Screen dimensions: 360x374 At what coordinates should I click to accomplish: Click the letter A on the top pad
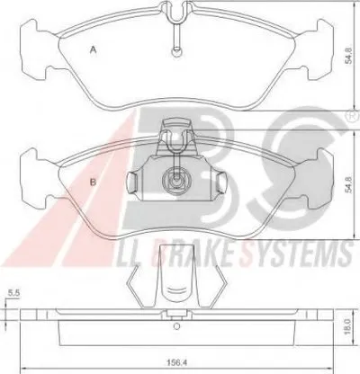(x=94, y=50)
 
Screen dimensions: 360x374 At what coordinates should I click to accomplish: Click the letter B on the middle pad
(x=94, y=182)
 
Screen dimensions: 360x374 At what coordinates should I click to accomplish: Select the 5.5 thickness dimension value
(x=13, y=293)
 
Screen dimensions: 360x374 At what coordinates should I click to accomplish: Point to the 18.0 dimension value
(x=347, y=326)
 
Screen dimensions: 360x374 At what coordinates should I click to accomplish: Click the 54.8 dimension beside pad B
(x=348, y=185)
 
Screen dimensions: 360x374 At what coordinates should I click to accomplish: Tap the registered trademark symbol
(x=354, y=116)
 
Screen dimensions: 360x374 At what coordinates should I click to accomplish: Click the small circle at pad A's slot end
(x=176, y=51)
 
